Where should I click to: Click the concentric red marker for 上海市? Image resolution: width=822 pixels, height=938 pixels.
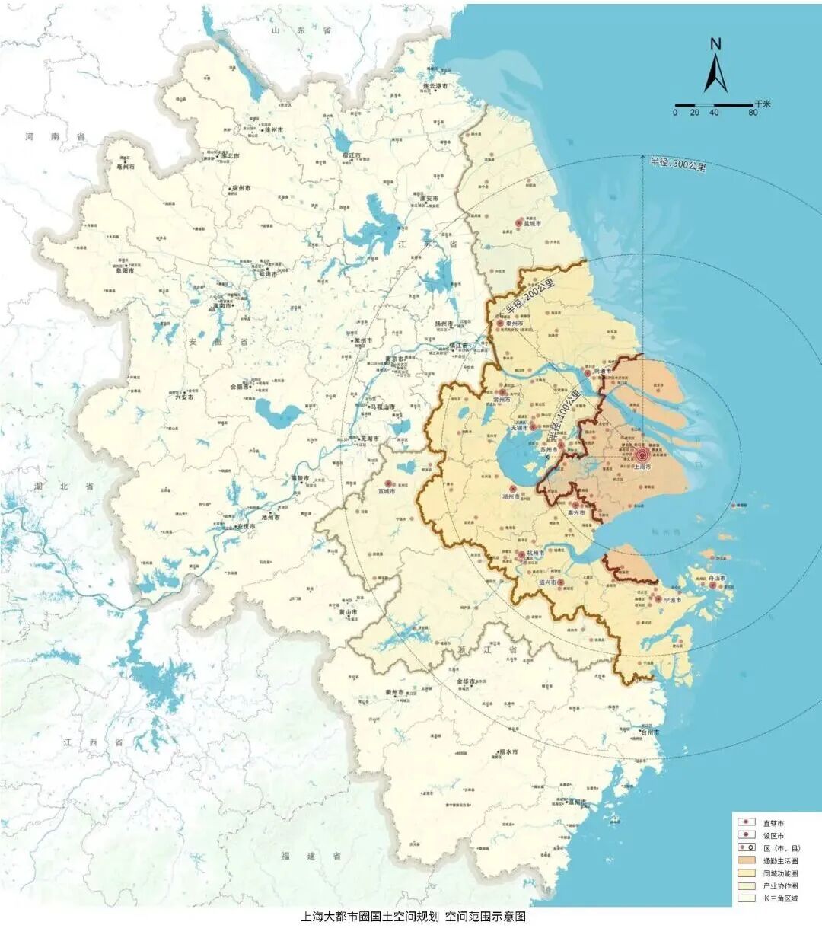point(642,456)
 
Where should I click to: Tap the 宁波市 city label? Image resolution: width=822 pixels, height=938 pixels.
point(673,601)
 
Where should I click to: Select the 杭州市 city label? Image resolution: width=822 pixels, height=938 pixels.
point(536,554)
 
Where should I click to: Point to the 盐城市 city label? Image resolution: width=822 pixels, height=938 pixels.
point(531,224)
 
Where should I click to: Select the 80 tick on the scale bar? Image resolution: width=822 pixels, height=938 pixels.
point(752,113)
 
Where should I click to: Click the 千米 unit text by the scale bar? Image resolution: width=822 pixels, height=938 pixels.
point(763,103)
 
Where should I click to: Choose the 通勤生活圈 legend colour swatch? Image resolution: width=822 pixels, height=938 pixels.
point(745,860)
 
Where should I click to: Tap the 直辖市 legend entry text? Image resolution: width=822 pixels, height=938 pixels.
point(773,823)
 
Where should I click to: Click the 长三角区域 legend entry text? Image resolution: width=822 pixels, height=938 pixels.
point(780,898)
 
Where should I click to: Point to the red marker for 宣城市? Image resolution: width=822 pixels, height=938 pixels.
point(388,483)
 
